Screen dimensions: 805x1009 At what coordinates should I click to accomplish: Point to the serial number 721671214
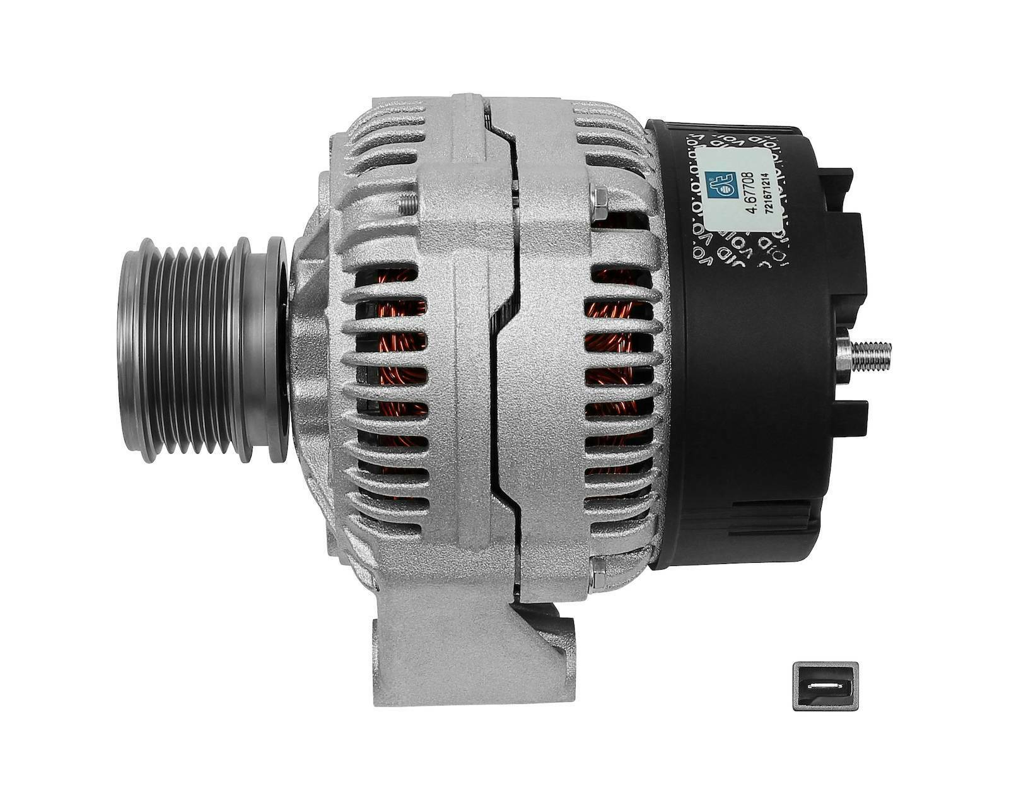(x=767, y=194)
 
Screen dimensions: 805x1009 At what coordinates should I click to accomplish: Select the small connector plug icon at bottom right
(x=825, y=686)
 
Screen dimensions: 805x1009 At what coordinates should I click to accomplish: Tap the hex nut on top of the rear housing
(x=600, y=201)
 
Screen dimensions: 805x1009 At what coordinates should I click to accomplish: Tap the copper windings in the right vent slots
(x=615, y=353)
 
